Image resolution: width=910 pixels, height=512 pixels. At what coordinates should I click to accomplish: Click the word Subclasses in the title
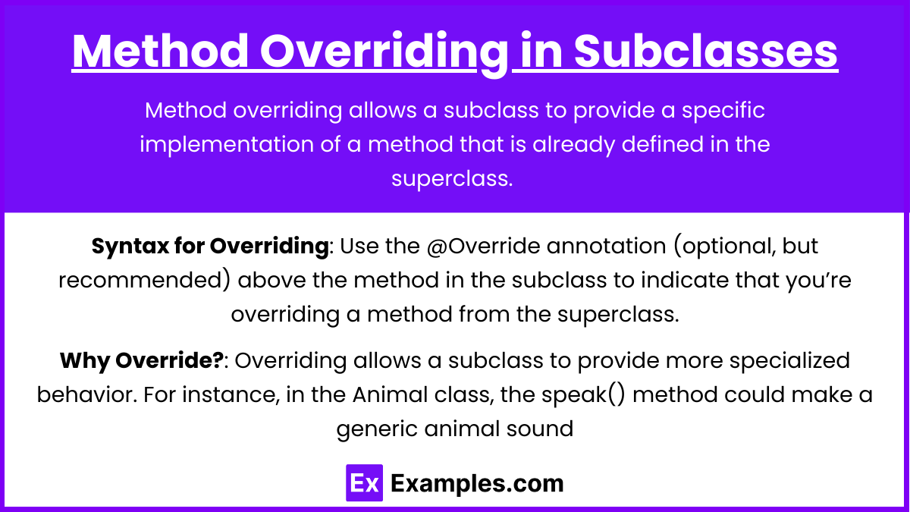click(x=706, y=51)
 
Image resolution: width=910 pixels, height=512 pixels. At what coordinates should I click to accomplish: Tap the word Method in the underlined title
click(x=160, y=51)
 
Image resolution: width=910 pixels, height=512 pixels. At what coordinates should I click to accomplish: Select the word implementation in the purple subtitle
click(x=227, y=145)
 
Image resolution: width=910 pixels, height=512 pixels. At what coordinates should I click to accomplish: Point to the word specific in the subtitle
click(x=723, y=111)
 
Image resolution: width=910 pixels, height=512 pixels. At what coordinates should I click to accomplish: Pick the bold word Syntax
click(x=130, y=247)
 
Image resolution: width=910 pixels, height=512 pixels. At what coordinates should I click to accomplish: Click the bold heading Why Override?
click(x=142, y=361)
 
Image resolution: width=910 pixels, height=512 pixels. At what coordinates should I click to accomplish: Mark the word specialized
click(x=789, y=361)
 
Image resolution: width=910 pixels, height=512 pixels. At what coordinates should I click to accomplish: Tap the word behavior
click(x=87, y=394)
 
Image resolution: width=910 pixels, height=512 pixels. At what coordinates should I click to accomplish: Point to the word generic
click(x=377, y=429)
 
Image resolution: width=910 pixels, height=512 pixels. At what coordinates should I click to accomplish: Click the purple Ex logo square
click(x=364, y=482)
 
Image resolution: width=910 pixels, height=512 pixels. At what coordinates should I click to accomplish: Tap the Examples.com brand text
click(x=477, y=484)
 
